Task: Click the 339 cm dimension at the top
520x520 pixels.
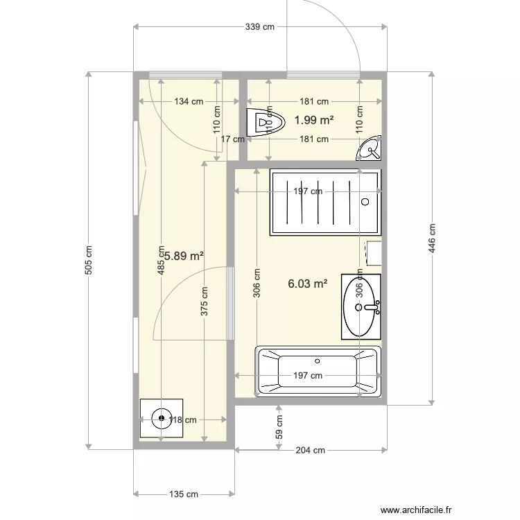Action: click(260, 27)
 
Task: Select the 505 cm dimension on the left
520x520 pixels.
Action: click(88, 260)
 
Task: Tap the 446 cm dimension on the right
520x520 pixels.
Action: click(431, 238)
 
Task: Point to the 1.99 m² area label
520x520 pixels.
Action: click(313, 120)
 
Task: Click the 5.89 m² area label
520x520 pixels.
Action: click(182, 256)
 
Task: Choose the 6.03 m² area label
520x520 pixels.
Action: click(307, 283)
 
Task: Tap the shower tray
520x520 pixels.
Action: click(324, 203)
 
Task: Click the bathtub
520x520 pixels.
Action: click(318, 372)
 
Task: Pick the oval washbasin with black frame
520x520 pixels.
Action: click(361, 306)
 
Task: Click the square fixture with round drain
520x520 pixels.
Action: click(161, 418)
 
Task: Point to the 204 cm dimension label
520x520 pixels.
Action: click(310, 450)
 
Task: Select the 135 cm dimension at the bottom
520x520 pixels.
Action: click(183, 494)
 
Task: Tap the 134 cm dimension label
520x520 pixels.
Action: click(188, 101)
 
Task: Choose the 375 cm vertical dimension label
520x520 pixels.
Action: click(204, 302)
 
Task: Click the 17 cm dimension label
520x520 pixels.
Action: click(232, 139)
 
